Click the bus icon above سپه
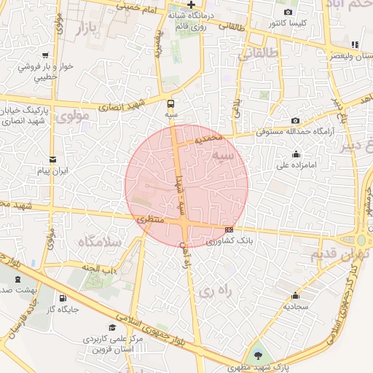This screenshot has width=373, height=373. coord(171,103)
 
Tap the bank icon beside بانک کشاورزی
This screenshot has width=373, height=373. coord(229,229)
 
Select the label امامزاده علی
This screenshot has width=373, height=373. coord(296,165)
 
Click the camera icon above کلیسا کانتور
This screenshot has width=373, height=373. coord(288,12)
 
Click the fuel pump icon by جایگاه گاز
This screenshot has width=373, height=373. coord(62,298)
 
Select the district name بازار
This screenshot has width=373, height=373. coord(86,30)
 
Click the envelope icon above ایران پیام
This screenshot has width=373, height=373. coord(52,160)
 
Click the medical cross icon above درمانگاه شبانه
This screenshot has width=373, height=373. coord(191,4)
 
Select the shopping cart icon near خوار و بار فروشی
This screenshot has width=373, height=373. coord(45,55)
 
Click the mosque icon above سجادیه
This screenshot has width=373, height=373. coord(295,295)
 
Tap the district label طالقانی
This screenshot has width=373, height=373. coord(259,52)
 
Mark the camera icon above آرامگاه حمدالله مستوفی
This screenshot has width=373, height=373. coord(295,120)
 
